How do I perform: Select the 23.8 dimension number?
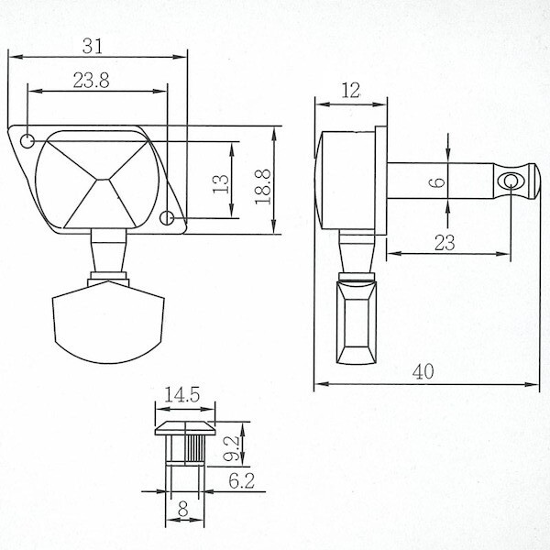(91, 81)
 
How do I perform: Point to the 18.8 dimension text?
(262, 186)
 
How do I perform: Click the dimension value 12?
(351, 91)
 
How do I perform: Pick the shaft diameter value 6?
(438, 183)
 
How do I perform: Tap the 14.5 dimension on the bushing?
(182, 396)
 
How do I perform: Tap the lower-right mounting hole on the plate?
(169, 218)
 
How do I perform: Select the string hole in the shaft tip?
(510, 182)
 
